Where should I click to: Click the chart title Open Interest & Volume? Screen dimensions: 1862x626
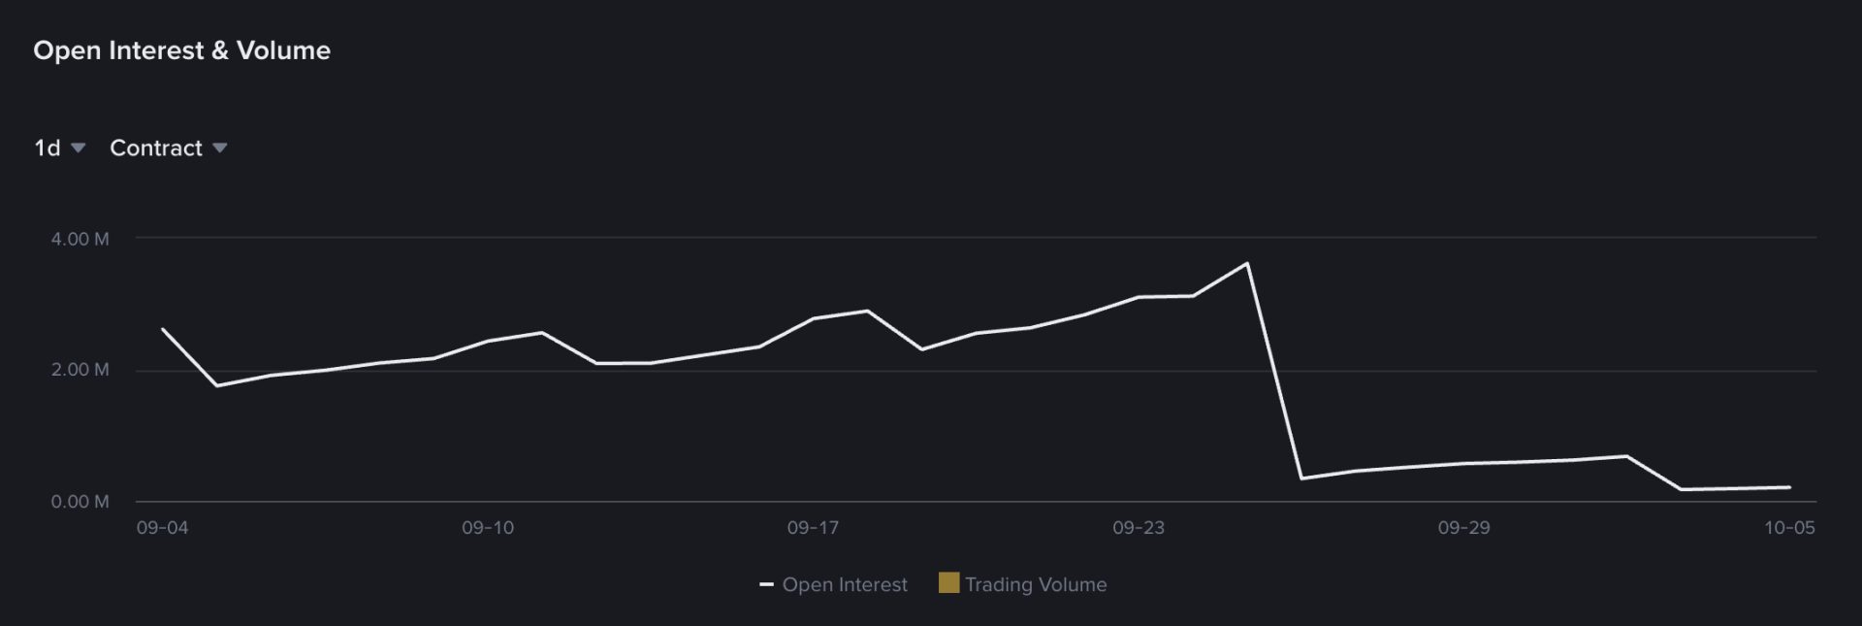click(x=181, y=50)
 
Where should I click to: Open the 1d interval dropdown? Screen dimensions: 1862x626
click(x=59, y=148)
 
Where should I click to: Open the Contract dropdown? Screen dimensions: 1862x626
click(x=168, y=148)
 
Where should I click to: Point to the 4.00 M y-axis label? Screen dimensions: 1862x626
click(x=80, y=239)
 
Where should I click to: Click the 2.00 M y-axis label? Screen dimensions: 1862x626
click(x=80, y=370)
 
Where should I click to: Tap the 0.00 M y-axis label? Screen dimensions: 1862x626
click(x=80, y=502)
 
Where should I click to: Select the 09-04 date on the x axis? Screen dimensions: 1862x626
click(x=162, y=528)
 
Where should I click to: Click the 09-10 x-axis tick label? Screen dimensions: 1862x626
click(x=488, y=528)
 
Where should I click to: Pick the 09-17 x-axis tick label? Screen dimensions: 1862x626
click(x=813, y=528)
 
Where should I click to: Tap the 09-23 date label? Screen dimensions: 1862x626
click(x=1139, y=528)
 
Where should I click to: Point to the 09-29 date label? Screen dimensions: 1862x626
click(x=1463, y=528)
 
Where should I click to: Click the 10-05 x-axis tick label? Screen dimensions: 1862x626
click(x=1789, y=528)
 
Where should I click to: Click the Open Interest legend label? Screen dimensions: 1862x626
click(x=845, y=584)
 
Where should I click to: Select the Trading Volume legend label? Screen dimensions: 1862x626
click(x=1036, y=584)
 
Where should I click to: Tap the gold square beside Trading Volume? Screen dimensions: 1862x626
click(x=948, y=582)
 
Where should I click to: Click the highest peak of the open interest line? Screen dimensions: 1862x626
click(x=1247, y=263)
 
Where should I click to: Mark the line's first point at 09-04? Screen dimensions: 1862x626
click(x=162, y=329)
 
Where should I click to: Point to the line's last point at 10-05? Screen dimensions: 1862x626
click(x=1789, y=487)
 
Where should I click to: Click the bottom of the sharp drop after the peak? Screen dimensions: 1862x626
click(x=1301, y=478)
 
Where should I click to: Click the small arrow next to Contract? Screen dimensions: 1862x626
click(x=220, y=148)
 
